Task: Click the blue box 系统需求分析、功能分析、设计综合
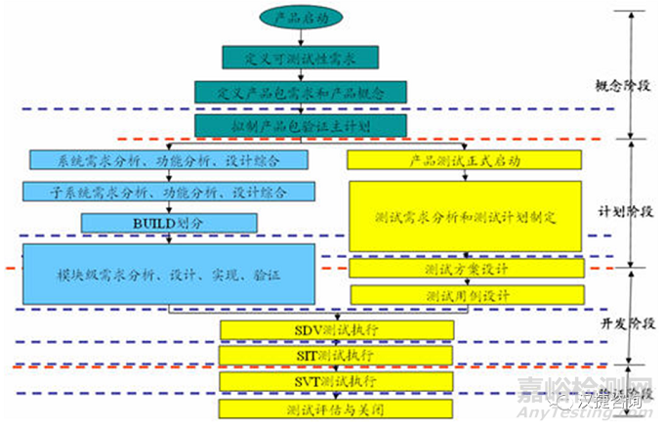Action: pos(168,158)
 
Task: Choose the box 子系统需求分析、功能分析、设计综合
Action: pos(168,192)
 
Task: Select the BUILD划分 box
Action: pos(145,223)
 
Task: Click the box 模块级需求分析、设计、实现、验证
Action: pos(168,276)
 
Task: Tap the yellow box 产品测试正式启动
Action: pos(464,159)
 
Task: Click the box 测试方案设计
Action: pos(464,268)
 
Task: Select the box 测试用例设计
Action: pos(464,294)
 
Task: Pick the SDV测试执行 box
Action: pos(337,329)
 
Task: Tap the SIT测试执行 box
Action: pos(337,355)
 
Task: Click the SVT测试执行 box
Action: pos(337,380)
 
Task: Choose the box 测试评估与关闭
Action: pos(337,409)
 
